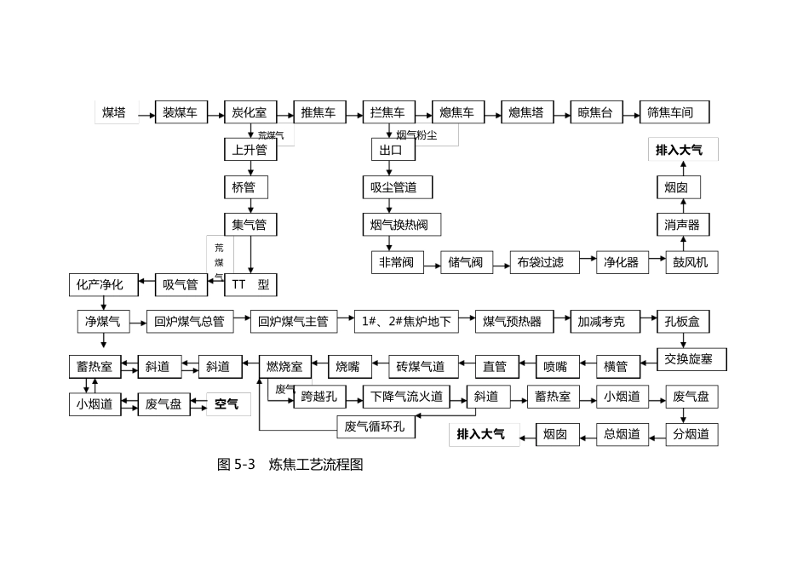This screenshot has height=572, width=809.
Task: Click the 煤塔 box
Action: [114, 112]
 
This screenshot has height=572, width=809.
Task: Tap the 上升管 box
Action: [250, 151]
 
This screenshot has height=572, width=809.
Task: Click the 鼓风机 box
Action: [690, 262]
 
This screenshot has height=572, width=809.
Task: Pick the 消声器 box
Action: [682, 225]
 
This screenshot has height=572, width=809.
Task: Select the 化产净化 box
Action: [100, 284]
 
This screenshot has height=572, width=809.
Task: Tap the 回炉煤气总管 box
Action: [189, 322]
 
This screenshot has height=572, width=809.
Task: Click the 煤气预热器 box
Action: [512, 322]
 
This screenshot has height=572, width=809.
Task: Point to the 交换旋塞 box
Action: [691, 359]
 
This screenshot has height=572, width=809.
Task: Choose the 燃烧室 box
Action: [284, 367]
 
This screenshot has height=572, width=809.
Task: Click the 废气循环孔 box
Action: [376, 426]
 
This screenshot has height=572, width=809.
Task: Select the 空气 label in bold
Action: [227, 404]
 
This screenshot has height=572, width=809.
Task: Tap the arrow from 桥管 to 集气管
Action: [250, 206]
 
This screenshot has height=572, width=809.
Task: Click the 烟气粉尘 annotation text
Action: [416, 134]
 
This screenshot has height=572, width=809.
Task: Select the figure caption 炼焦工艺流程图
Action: [316, 465]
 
